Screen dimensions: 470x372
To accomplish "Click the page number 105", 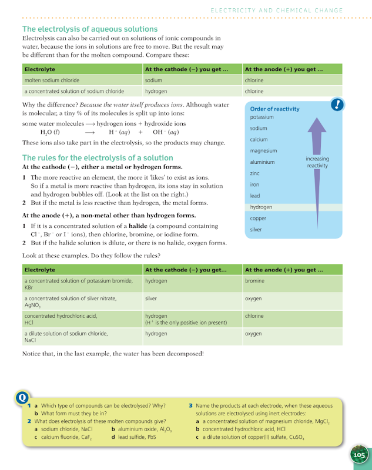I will click(x=359, y=454).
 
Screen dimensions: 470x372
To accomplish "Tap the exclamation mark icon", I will click(x=337, y=105).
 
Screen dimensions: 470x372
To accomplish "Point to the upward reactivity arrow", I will click(x=317, y=170).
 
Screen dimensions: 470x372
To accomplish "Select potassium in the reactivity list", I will click(x=262, y=117).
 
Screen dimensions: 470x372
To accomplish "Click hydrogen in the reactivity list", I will click(x=261, y=207).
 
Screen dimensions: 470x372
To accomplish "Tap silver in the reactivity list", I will click(x=256, y=230).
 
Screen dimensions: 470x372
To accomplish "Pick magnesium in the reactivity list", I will click(x=263, y=151).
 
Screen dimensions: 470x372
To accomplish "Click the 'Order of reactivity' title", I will click(x=274, y=109).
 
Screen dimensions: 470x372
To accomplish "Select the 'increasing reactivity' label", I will click(x=317, y=162).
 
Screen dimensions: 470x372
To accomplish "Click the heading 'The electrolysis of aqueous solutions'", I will click(x=90, y=29).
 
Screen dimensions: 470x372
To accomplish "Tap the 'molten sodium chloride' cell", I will click(x=52, y=80).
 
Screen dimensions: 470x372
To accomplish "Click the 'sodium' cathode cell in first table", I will click(x=153, y=80).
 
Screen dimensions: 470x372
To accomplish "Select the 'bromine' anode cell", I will click(x=254, y=281).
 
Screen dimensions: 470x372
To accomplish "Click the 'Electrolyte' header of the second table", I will click(x=40, y=270).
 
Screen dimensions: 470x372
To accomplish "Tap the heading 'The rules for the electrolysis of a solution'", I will click(x=98, y=157).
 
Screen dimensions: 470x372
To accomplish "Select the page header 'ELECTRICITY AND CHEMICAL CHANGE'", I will click(x=277, y=11).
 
